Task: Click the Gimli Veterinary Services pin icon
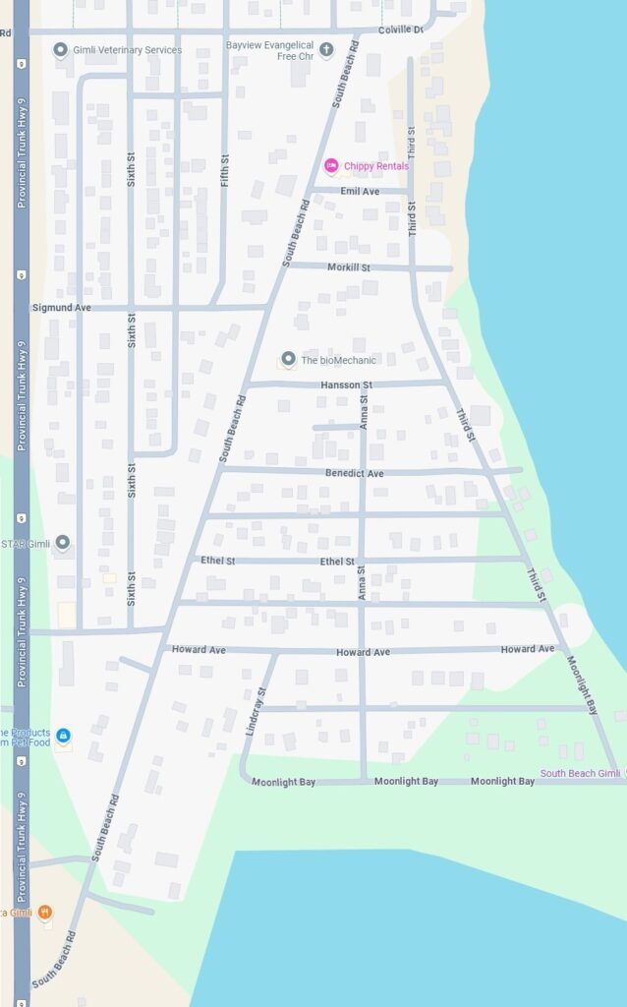(61, 50)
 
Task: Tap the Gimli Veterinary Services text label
(128, 50)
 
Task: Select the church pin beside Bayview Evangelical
(326, 49)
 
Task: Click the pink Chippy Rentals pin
(331, 166)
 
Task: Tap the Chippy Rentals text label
(377, 166)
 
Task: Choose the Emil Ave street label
(360, 191)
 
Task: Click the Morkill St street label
(349, 267)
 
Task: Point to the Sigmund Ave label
(61, 308)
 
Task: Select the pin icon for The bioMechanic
(288, 360)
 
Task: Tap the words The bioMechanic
(338, 360)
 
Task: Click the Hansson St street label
(347, 385)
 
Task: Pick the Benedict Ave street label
(355, 473)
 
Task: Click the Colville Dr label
(400, 30)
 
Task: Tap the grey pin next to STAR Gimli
(63, 543)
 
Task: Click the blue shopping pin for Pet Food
(63, 736)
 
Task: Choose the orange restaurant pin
(45, 913)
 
